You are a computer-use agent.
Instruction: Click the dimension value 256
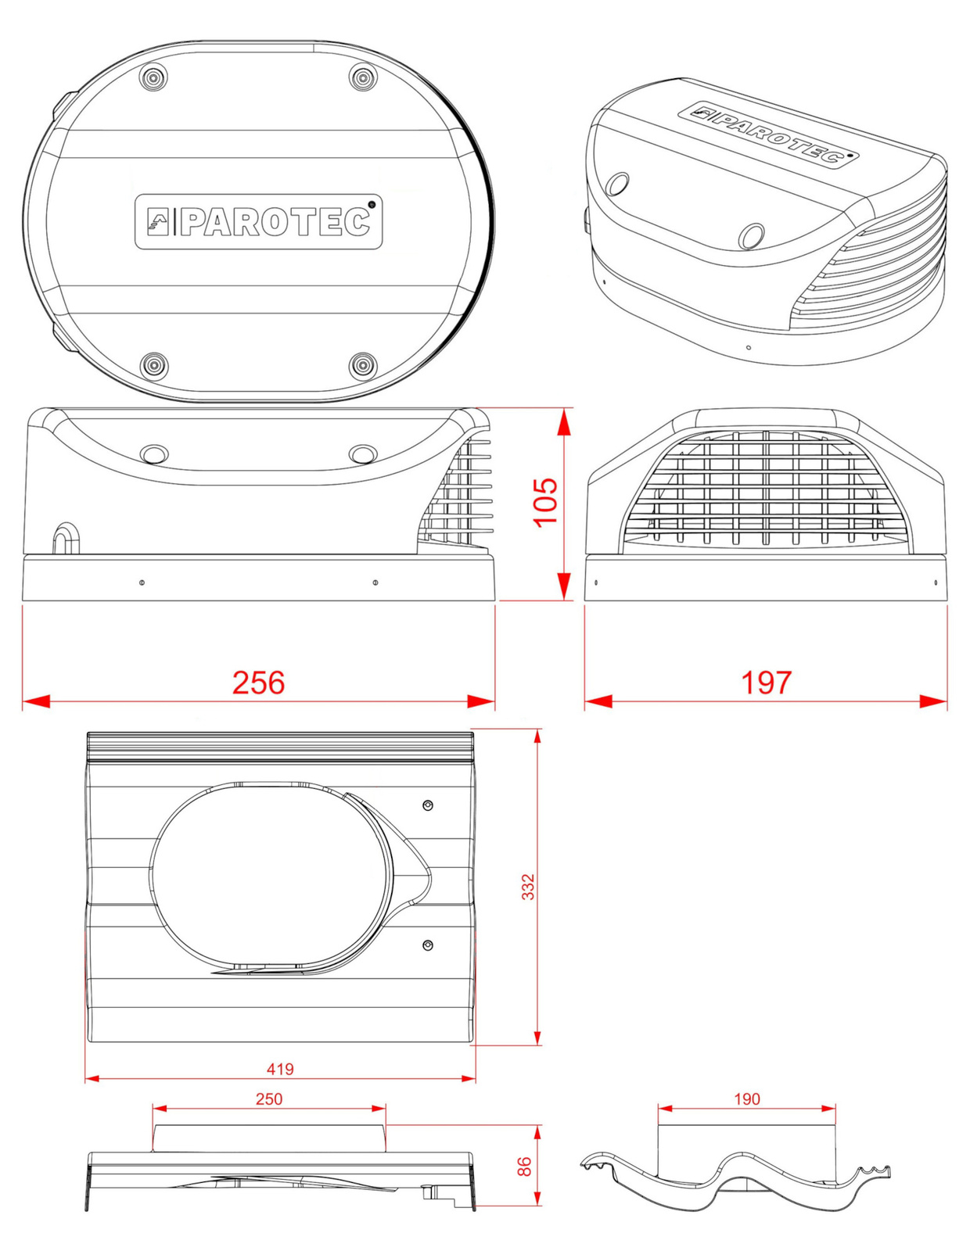[x=258, y=683]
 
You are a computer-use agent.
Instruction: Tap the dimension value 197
[x=766, y=683]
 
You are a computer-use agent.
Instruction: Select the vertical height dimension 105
[x=545, y=501]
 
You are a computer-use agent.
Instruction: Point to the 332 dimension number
[x=528, y=887]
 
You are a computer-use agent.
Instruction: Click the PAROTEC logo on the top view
[x=259, y=221]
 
